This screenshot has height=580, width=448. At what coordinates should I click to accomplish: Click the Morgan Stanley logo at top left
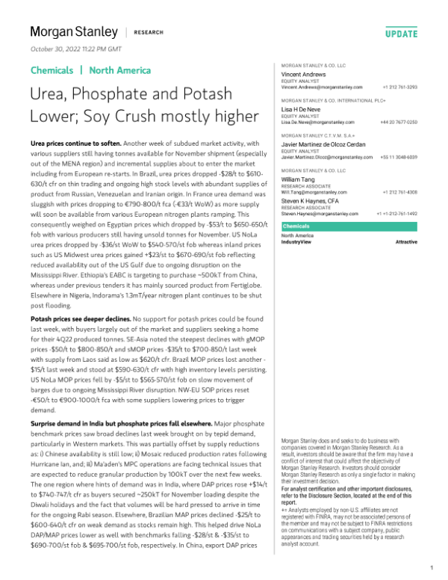(74, 32)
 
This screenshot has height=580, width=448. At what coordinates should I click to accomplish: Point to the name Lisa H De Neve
(299, 108)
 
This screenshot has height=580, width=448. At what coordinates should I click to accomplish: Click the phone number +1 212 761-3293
(400, 87)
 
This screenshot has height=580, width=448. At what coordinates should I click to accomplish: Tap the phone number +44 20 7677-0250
(399, 121)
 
